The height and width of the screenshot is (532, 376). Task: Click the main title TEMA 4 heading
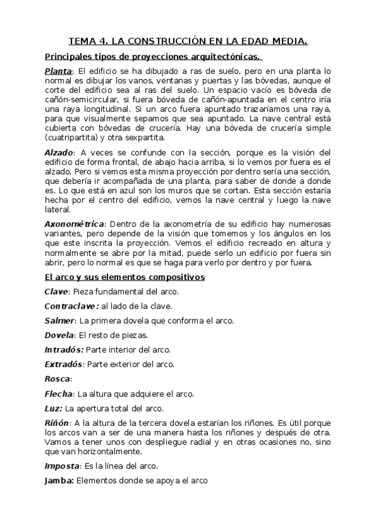(188, 42)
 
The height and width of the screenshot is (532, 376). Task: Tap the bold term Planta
(58, 71)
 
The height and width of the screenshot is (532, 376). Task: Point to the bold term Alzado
(59, 152)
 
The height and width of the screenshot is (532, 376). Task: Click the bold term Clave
(56, 291)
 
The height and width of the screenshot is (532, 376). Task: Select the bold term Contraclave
(71, 306)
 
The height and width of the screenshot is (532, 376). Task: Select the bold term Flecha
(58, 393)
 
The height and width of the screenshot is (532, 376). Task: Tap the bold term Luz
(53, 408)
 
